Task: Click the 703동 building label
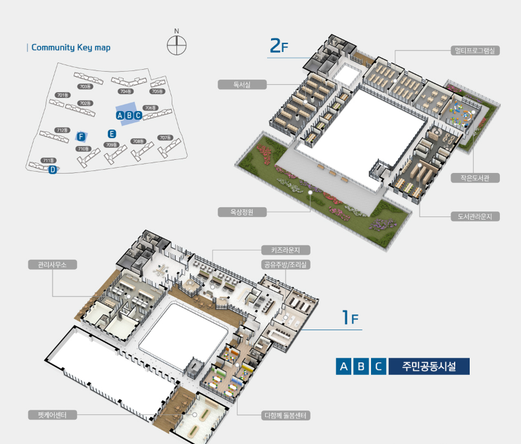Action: tap(84, 86)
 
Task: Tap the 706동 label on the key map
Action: tap(150, 107)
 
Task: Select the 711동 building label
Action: tap(48, 160)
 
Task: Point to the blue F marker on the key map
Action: tap(81, 136)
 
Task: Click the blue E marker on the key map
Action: tap(112, 134)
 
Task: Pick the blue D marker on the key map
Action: tap(52, 169)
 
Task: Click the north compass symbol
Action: tap(176, 45)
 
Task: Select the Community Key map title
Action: tap(71, 47)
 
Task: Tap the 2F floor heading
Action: tap(279, 46)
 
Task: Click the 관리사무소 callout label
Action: tap(53, 264)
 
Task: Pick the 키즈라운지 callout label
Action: tap(285, 250)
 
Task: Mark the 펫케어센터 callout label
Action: tap(53, 415)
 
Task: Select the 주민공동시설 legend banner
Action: tap(428, 366)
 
